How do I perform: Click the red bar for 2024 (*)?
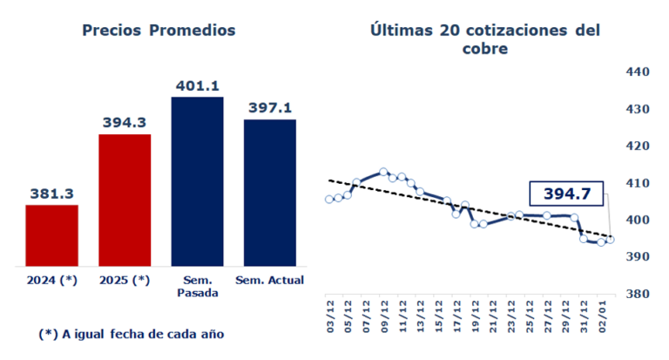(51, 235)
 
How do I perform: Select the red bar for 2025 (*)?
(125, 200)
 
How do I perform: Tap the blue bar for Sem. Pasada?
(197, 181)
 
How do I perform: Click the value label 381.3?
(51, 194)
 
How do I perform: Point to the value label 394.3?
(125, 124)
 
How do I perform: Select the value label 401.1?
(197, 86)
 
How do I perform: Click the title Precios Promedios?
(159, 30)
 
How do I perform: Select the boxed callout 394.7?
(566, 194)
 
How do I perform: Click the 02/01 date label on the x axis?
(604, 312)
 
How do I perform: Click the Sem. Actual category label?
(269, 280)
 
